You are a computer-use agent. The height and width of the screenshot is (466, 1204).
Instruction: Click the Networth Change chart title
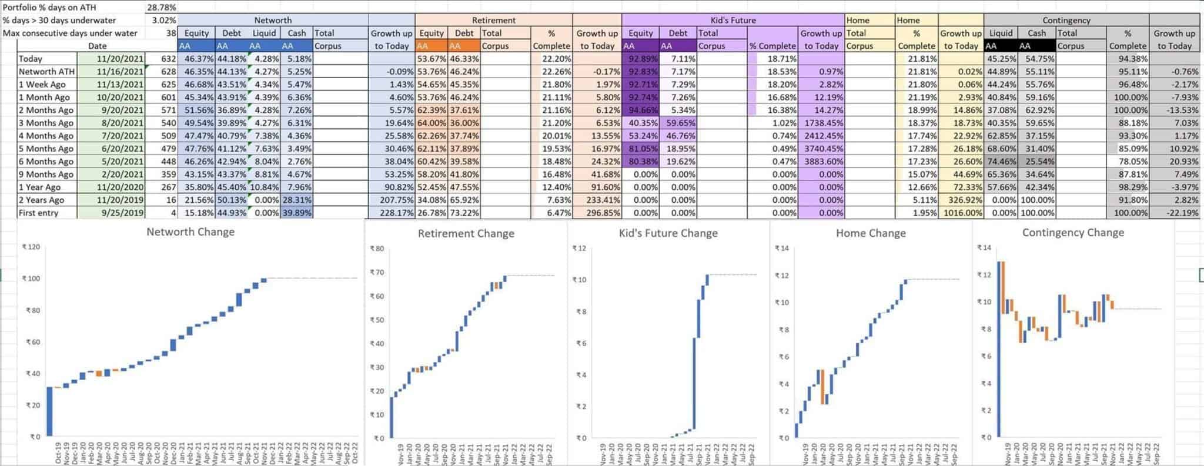[x=190, y=232]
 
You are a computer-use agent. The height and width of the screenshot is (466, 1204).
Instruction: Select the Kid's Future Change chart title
[x=668, y=233]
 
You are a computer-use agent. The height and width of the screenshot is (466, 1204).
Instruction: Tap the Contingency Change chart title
[x=1072, y=233]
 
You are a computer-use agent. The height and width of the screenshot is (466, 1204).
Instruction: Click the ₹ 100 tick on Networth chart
[x=31, y=279]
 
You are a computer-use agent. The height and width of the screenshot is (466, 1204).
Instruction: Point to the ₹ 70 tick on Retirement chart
[x=377, y=273]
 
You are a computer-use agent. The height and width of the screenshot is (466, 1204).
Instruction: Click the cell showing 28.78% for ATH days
[x=161, y=7]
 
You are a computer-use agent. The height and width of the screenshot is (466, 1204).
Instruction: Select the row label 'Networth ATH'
[x=46, y=72]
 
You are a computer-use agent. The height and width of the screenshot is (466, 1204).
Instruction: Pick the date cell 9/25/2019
[x=122, y=213]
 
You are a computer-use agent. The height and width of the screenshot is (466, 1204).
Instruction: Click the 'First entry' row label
[x=39, y=213]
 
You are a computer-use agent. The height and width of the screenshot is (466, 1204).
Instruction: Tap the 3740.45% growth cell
[x=822, y=149]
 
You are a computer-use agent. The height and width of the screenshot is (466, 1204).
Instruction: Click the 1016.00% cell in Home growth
[x=961, y=213]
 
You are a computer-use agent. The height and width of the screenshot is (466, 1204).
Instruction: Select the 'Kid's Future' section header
[x=733, y=20]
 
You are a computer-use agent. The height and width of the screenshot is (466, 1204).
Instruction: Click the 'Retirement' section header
[x=493, y=20]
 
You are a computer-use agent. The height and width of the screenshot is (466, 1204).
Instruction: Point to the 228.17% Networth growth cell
[x=392, y=213]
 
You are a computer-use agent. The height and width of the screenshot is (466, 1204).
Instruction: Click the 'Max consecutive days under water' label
[x=70, y=33]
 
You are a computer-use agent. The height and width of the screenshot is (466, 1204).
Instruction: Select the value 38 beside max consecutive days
[x=170, y=33]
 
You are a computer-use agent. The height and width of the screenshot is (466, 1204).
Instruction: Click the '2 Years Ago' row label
[x=41, y=200]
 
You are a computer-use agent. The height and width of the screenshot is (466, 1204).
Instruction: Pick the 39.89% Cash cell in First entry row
[x=297, y=213]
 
